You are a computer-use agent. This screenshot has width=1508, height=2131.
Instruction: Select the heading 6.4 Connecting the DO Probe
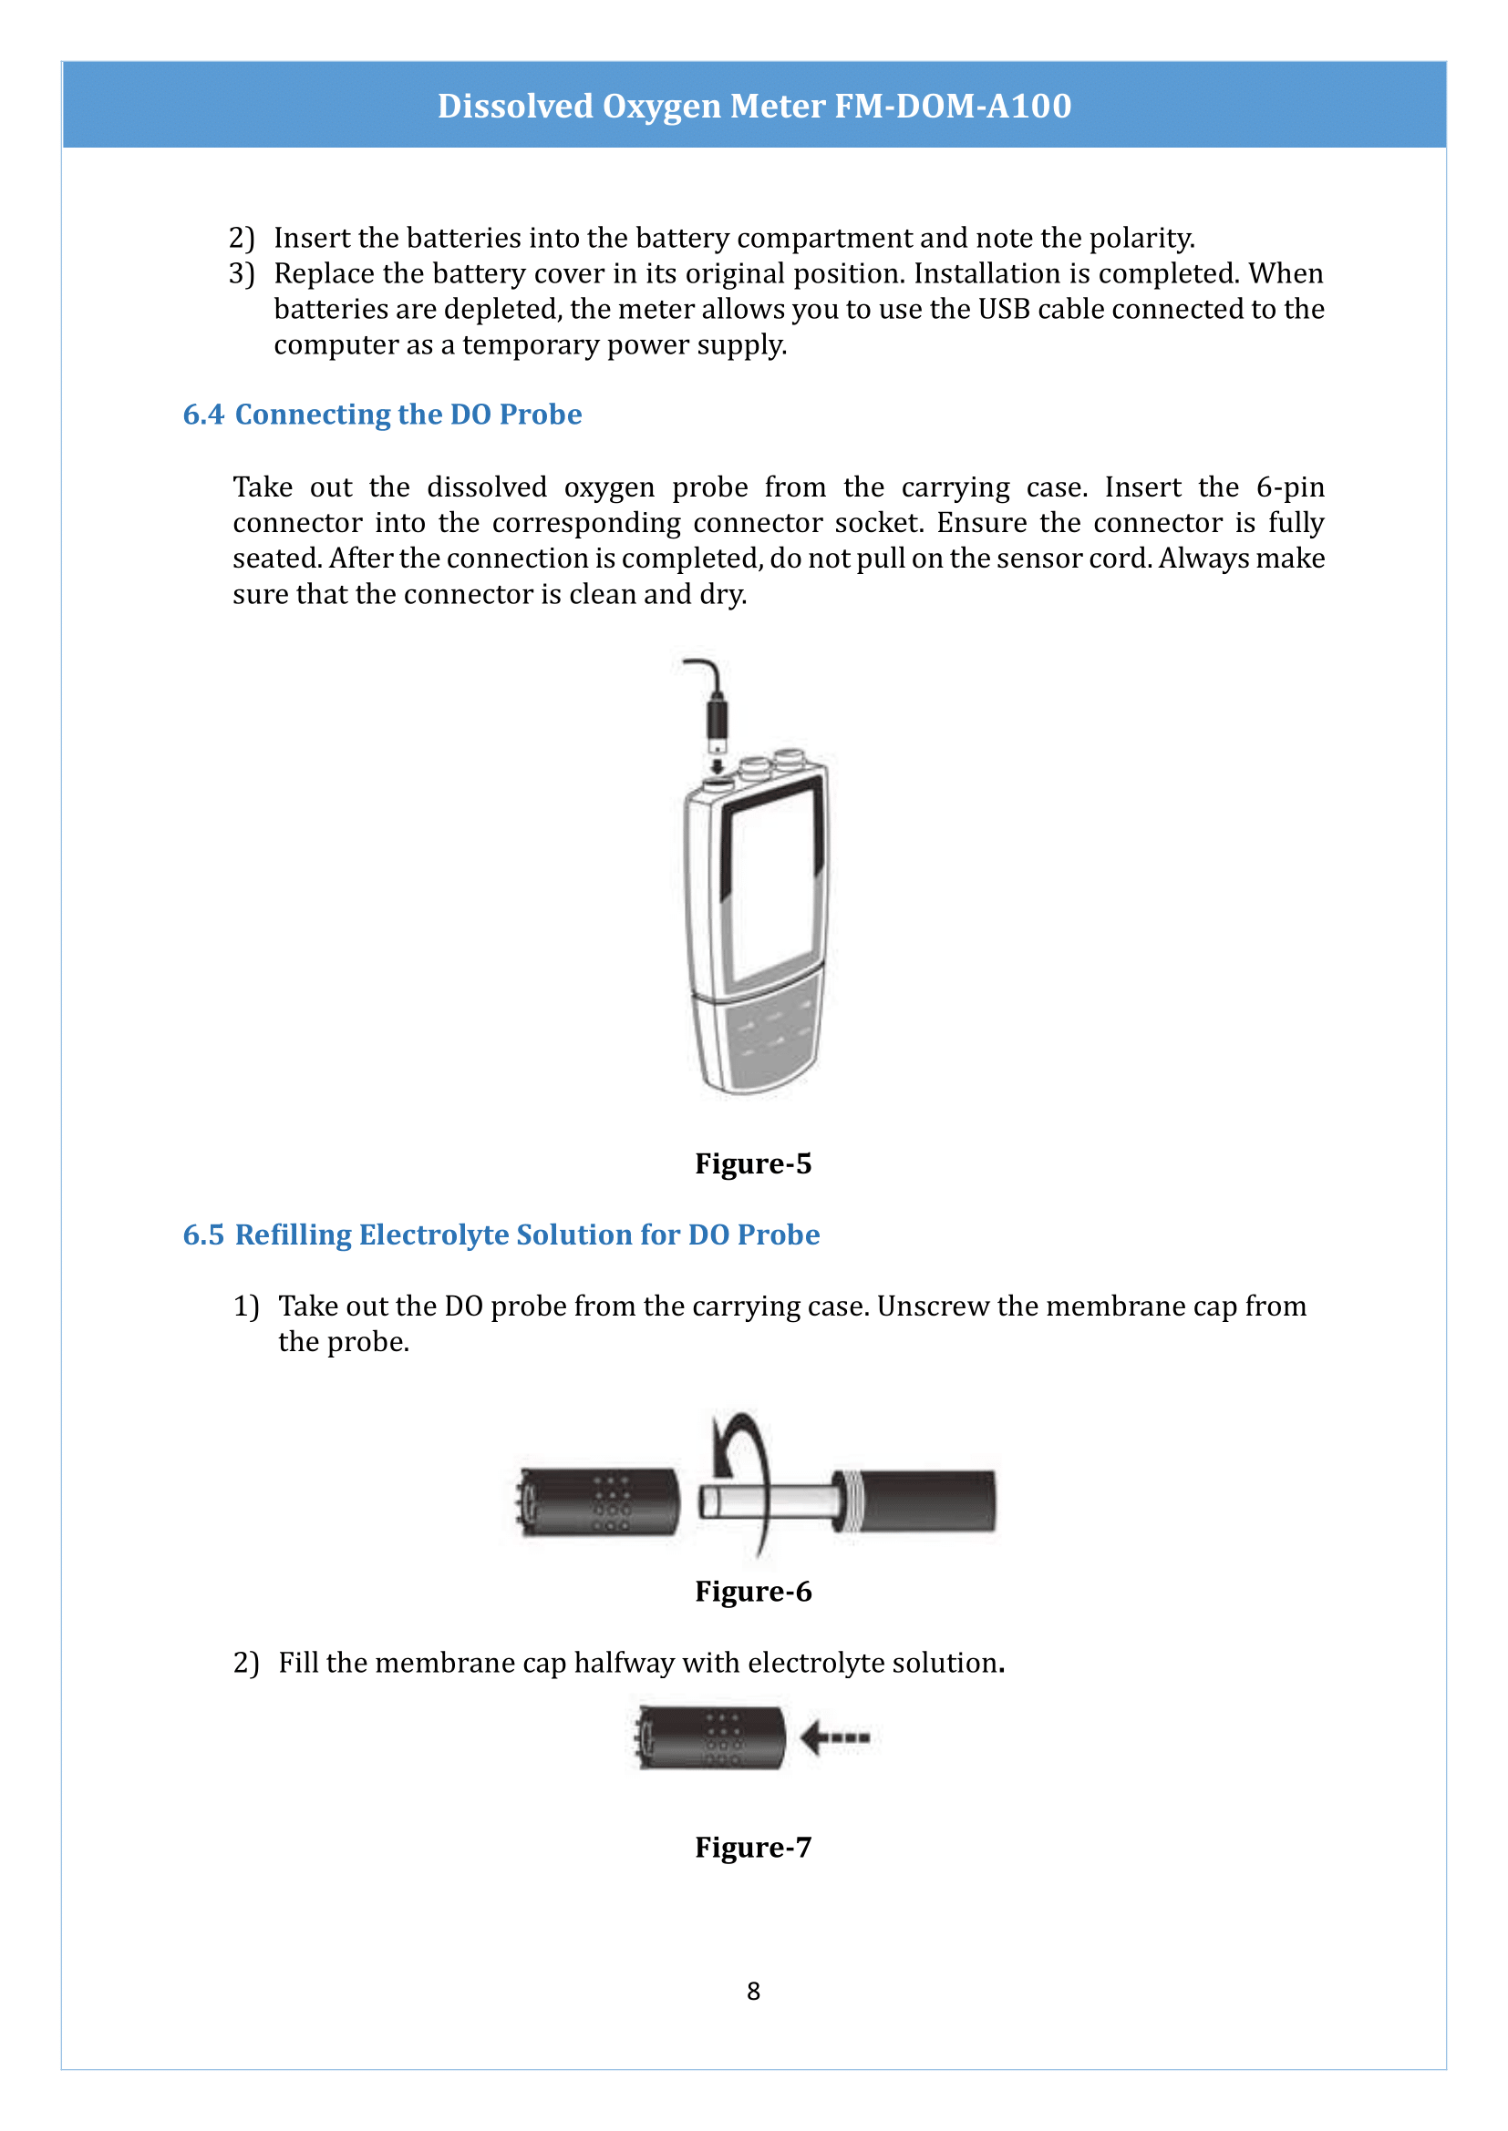[382, 414]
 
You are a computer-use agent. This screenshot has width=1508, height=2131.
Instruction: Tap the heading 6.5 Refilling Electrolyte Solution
[501, 1235]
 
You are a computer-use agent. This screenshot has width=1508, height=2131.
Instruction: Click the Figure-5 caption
[753, 1163]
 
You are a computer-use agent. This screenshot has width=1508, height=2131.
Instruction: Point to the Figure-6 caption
[753, 1591]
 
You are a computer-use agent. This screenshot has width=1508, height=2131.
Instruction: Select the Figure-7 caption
[753, 1846]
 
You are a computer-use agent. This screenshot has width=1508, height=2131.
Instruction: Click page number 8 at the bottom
[753, 1990]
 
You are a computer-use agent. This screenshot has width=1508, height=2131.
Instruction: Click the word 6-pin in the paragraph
[1290, 487]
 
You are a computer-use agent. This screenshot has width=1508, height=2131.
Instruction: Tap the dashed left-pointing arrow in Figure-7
[836, 1737]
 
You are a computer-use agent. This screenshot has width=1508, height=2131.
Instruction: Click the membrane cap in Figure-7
[710, 1737]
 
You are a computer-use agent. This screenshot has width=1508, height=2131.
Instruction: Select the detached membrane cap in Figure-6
[599, 1501]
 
